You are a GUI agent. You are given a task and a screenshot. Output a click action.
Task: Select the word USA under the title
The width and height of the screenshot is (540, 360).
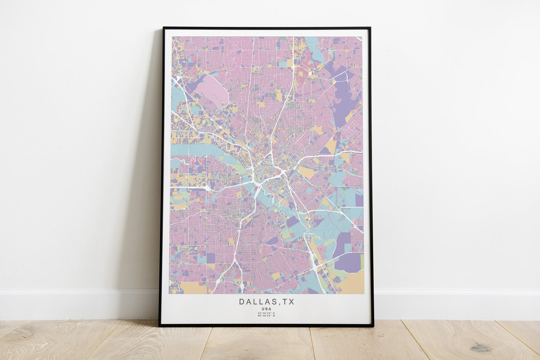(266, 309)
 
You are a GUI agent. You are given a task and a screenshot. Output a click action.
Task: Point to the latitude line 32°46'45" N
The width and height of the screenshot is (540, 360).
(266, 313)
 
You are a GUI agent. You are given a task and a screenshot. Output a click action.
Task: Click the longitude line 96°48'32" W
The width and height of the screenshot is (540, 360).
(266, 316)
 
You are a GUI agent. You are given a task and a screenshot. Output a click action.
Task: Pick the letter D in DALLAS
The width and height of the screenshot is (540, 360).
(242, 302)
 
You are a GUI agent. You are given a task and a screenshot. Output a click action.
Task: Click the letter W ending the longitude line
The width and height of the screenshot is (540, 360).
(274, 316)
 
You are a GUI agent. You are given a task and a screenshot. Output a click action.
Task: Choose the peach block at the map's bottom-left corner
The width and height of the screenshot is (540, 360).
(193, 288)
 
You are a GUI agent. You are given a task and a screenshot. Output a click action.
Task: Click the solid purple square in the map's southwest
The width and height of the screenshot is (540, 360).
(211, 258)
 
